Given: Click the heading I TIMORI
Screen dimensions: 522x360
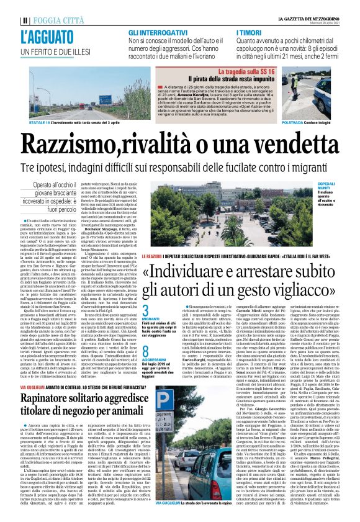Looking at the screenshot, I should coord(251,31).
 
